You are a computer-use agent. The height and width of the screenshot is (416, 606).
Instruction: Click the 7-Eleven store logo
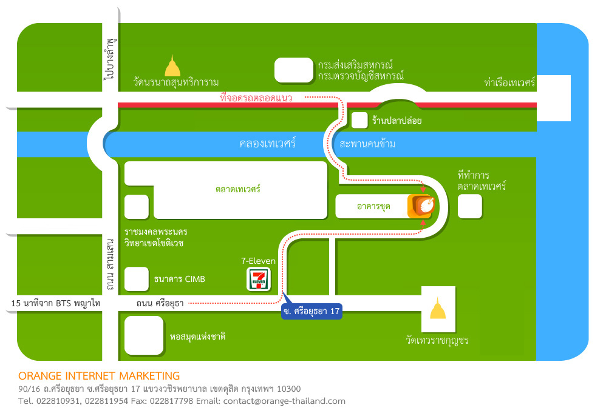coord(259,279)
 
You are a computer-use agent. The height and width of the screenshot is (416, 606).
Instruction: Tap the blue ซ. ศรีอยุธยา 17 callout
coord(312,311)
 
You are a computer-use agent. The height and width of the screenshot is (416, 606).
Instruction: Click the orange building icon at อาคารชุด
coord(421,206)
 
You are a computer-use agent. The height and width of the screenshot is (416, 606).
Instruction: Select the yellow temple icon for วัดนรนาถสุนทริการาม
coord(172,66)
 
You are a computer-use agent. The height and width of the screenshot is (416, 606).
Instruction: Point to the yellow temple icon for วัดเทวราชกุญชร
coord(438,308)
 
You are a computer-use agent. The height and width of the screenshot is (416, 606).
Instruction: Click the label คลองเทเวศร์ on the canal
coord(267,144)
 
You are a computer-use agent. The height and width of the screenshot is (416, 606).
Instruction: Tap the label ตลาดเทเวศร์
coord(237,189)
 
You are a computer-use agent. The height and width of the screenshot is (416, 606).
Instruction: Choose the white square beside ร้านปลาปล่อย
coord(359,121)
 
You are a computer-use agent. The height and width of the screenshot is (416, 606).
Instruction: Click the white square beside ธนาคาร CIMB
coord(137,279)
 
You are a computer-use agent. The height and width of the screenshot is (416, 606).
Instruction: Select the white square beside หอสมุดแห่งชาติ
coord(144,335)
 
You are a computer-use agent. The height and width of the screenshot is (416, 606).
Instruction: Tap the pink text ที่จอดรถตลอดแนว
coord(256,98)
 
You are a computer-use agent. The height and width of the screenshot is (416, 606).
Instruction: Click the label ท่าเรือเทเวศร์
coord(509,82)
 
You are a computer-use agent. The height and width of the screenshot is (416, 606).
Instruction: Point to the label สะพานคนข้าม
coord(367,144)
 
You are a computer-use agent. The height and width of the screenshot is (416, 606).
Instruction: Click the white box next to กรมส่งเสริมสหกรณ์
coord(294,70)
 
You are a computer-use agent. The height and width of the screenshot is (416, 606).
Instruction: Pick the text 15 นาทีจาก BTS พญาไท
coord(56,303)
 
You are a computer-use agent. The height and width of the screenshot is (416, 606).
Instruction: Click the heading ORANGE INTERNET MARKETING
coord(99,376)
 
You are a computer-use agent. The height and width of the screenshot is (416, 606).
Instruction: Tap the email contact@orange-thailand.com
coord(284,401)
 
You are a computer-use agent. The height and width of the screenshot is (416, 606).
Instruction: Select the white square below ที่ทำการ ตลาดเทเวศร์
coord(470,206)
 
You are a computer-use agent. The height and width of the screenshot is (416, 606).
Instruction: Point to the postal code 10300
coord(288,389)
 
